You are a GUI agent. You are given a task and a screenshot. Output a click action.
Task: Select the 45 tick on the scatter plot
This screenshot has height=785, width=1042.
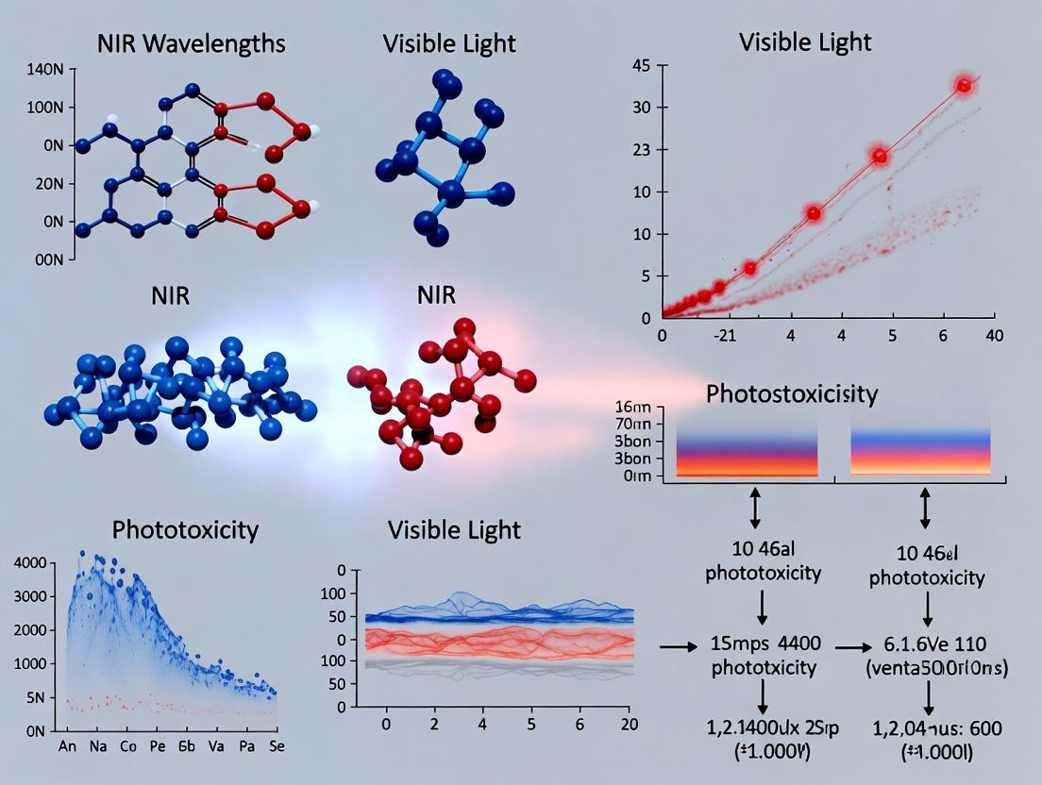[643, 65]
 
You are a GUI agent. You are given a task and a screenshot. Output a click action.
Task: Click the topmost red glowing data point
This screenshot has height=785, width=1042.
[964, 85]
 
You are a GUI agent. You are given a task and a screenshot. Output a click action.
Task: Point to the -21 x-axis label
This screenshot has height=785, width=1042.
[724, 335]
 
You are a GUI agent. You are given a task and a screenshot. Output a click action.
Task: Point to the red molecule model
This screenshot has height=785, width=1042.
[438, 394]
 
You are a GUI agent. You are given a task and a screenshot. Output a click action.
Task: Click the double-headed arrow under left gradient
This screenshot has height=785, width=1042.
[754, 509]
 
